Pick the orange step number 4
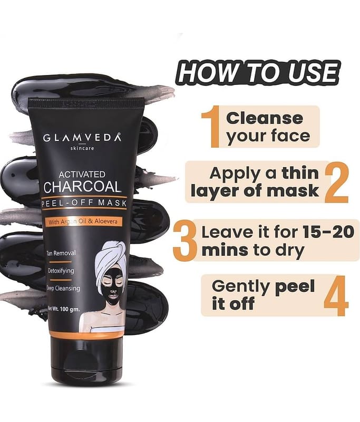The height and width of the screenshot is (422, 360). pos(336,295)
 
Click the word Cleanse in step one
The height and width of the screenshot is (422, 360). pos(265,118)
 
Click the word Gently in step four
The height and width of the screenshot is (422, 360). pos(240,287)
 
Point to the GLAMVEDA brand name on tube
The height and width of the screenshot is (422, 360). pos(82,138)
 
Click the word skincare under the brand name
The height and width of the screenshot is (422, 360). pos(82,148)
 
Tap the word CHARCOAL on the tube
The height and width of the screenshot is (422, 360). pos(82,187)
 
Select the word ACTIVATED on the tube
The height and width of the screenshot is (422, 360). pos(82,175)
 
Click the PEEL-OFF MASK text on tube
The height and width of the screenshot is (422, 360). pos(84,203)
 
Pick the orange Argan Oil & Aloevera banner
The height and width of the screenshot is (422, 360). pos(84,222)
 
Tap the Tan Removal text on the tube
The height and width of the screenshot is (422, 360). pos(61,253)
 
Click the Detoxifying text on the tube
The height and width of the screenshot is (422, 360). pos(61,271)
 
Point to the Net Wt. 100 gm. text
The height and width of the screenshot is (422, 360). pos(63,309)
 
